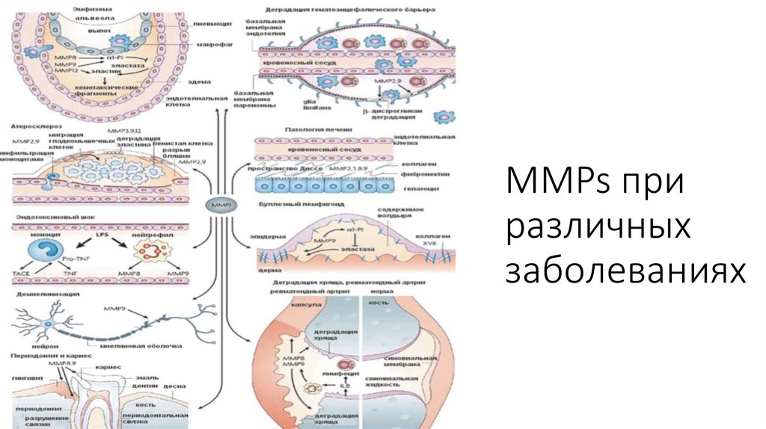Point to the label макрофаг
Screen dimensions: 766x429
(210, 45)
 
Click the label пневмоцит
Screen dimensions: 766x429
(209, 24)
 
